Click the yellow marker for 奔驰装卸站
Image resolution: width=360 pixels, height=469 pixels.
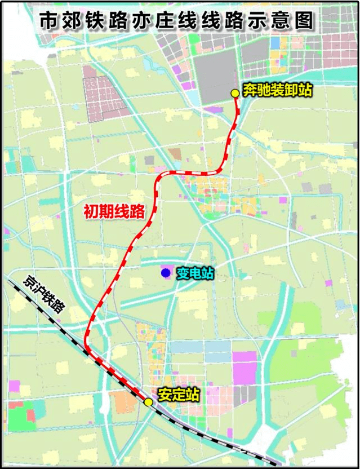click(x=235, y=93)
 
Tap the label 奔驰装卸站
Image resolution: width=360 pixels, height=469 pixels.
click(x=277, y=90)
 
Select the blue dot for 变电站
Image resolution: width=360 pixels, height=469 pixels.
click(x=165, y=273)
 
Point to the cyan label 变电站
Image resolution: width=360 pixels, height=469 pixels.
click(x=195, y=273)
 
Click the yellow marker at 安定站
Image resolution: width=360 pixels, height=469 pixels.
click(x=148, y=402)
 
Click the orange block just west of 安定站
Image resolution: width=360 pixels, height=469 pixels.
click(x=123, y=402)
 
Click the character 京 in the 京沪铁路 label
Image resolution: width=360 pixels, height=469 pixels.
click(x=29, y=280)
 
